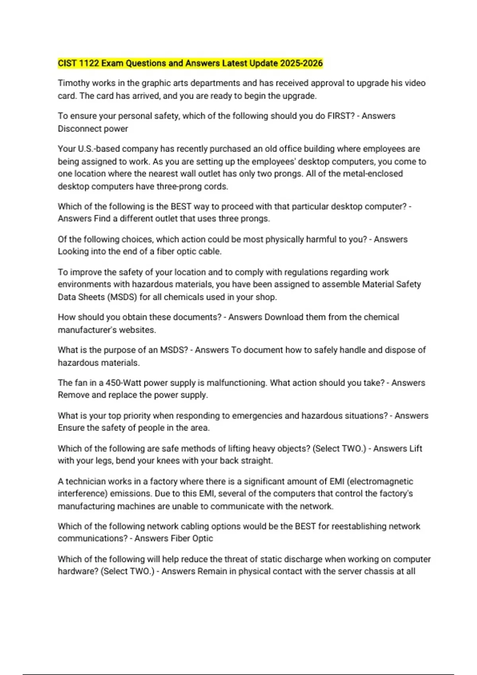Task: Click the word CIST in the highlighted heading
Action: pos(67,63)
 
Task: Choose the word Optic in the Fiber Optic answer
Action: pos(203,538)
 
